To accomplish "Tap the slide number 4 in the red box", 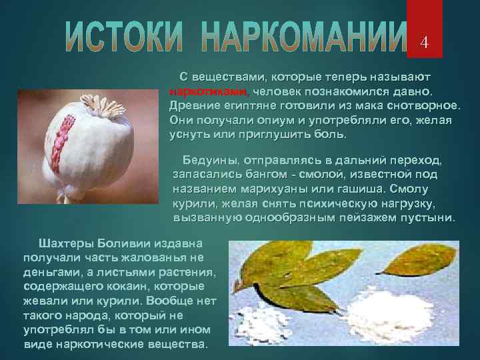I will (x=423, y=43).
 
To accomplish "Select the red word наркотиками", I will (x=207, y=92).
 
